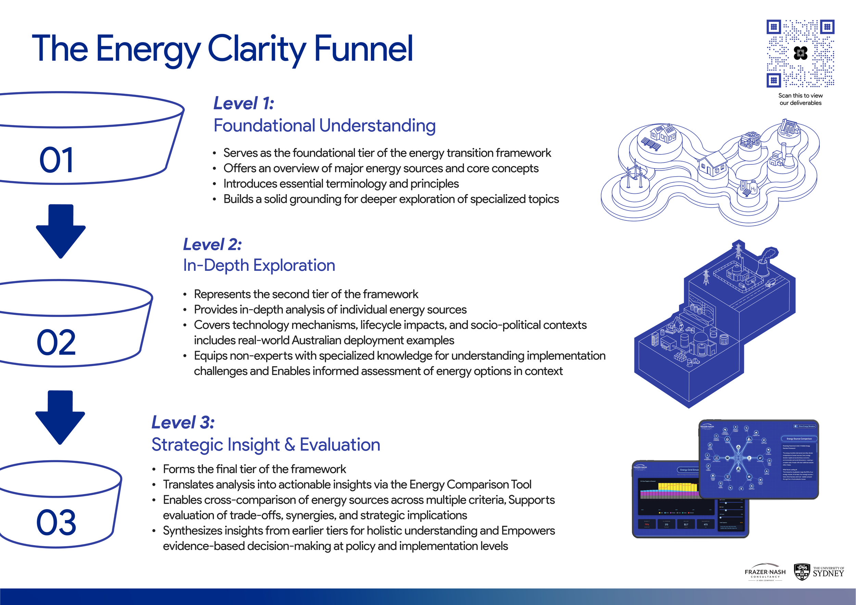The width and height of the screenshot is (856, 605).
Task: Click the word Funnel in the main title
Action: (364, 49)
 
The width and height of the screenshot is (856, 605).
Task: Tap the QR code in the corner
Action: (800, 53)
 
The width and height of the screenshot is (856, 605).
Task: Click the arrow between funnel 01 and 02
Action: (61, 231)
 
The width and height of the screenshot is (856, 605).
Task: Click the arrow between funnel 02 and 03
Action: (60, 417)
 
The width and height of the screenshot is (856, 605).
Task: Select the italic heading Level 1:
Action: (244, 103)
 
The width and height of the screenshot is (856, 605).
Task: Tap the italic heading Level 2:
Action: (213, 244)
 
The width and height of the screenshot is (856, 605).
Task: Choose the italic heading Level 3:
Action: (183, 423)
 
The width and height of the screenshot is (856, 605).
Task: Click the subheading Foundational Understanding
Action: (324, 125)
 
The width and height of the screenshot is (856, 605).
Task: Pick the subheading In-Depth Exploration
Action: (259, 265)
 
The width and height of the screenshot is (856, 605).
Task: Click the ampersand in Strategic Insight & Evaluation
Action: (290, 445)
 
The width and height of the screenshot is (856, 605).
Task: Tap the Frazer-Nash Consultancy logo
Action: (765, 572)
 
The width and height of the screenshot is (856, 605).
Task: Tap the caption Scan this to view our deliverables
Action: (801, 99)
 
